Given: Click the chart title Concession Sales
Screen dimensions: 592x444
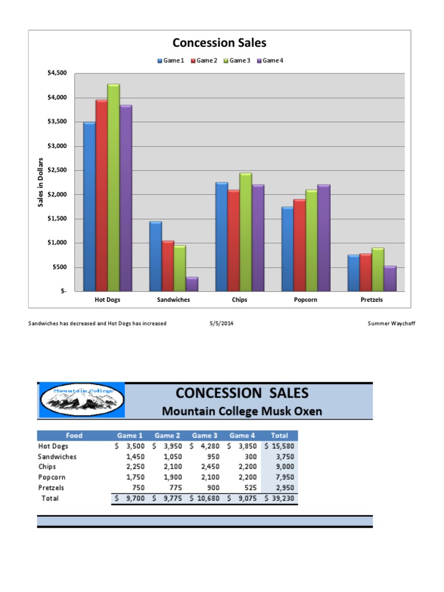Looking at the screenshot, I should (x=219, y=43).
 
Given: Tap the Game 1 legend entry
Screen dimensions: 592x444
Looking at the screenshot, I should (x=171, y=61).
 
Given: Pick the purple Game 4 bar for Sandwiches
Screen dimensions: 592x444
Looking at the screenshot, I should (x=192, y=284).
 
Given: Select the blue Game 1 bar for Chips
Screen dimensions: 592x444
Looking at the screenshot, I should (x=221, y=237).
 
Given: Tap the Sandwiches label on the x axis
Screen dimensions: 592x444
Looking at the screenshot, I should (x=173, y=300).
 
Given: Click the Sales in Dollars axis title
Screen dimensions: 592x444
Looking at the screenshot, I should (x=40, y=182).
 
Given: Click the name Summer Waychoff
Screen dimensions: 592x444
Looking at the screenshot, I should (x=391, y=324).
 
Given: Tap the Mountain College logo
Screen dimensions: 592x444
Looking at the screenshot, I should (x=81, y=399).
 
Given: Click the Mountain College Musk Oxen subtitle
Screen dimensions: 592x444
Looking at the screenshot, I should (x=242, y=412).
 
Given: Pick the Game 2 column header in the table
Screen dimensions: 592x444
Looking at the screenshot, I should (x=167, y=436).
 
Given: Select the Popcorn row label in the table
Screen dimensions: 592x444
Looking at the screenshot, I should (x=51, y=478).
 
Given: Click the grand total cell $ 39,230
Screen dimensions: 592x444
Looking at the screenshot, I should (x=279, y=498).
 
